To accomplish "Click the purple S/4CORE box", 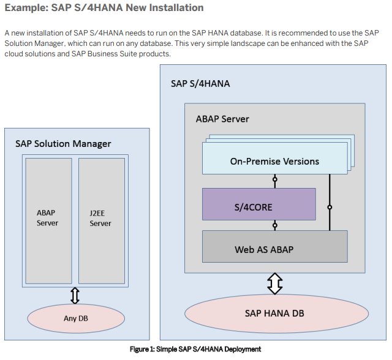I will [x=258, y=207].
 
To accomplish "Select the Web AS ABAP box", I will [x=274, y=249].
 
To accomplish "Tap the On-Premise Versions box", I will [x=274, y=162].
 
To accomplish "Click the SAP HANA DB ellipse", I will [x=274, y=313].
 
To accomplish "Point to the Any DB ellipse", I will [x=75, y=318].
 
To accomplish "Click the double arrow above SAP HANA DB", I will [x=274, y=283].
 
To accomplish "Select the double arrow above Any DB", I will [x=75, y=296].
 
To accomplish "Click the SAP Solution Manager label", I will [x=63, y=144].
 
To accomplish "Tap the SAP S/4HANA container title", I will [x=200, y=83].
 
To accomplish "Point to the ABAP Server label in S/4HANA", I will [x=222, y=118].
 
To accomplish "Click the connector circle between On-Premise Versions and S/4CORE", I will [x=275, y=181].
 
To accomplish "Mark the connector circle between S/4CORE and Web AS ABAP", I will [x=275, y=225].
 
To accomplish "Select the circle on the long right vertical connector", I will [x=330, y=208].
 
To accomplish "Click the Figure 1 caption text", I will [x=196, y=349].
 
